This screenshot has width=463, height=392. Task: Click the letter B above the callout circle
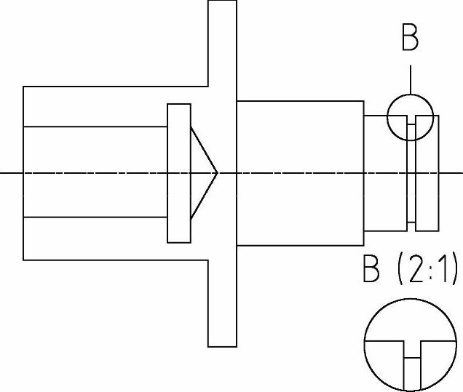pyautogui.click(x=410, y=38)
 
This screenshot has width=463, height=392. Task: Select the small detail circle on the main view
pyautogui.click(x=410, y=116)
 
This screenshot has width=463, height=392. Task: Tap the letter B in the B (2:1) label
pyautogui.click(x=373, y=271)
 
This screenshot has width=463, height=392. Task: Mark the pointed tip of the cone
pyautogui.click(x=217, y=173)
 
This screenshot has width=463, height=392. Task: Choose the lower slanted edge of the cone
pyautogui.click(x=204, y=196)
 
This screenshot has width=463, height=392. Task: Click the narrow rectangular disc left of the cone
pyautogui.click(x=179, y=173)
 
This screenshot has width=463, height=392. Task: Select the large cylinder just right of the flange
pyautogui.click(x=300, y=173)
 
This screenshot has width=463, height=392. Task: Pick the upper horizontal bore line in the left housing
pyautogui.click(x=95, y=127)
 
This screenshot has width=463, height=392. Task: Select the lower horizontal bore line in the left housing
pyautogui.click(x=95, y=217)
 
